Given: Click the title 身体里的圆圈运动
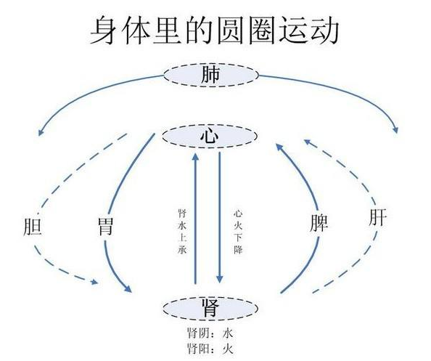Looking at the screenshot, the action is point(214,31).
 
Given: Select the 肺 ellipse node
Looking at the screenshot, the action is point(211,75).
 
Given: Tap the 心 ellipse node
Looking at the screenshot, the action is point(210,137).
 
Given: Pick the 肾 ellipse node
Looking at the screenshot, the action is point(210,308).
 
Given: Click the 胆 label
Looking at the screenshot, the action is point(33,227).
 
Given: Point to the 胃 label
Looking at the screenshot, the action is point(105,227).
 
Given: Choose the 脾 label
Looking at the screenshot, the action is point(319,222).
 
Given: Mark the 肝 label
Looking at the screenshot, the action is point(378,217).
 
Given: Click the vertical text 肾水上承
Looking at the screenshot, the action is point(183,232).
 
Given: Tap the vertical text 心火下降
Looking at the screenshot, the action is point(238,232).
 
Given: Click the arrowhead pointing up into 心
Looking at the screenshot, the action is point(195,158).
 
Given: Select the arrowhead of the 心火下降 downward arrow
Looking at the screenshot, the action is point(219,279).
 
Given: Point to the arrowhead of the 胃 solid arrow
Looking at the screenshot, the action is point(128,288).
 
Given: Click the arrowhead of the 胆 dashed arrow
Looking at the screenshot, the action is point(94,282).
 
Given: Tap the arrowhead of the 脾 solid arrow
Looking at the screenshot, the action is point(280,147).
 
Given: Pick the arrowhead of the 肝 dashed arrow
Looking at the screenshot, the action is point(308,142).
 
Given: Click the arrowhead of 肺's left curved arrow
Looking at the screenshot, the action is point(41,132).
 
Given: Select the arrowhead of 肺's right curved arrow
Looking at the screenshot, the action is point(395,130).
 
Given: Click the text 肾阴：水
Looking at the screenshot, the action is point(210,333).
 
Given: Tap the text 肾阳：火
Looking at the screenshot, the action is point(210,349).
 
